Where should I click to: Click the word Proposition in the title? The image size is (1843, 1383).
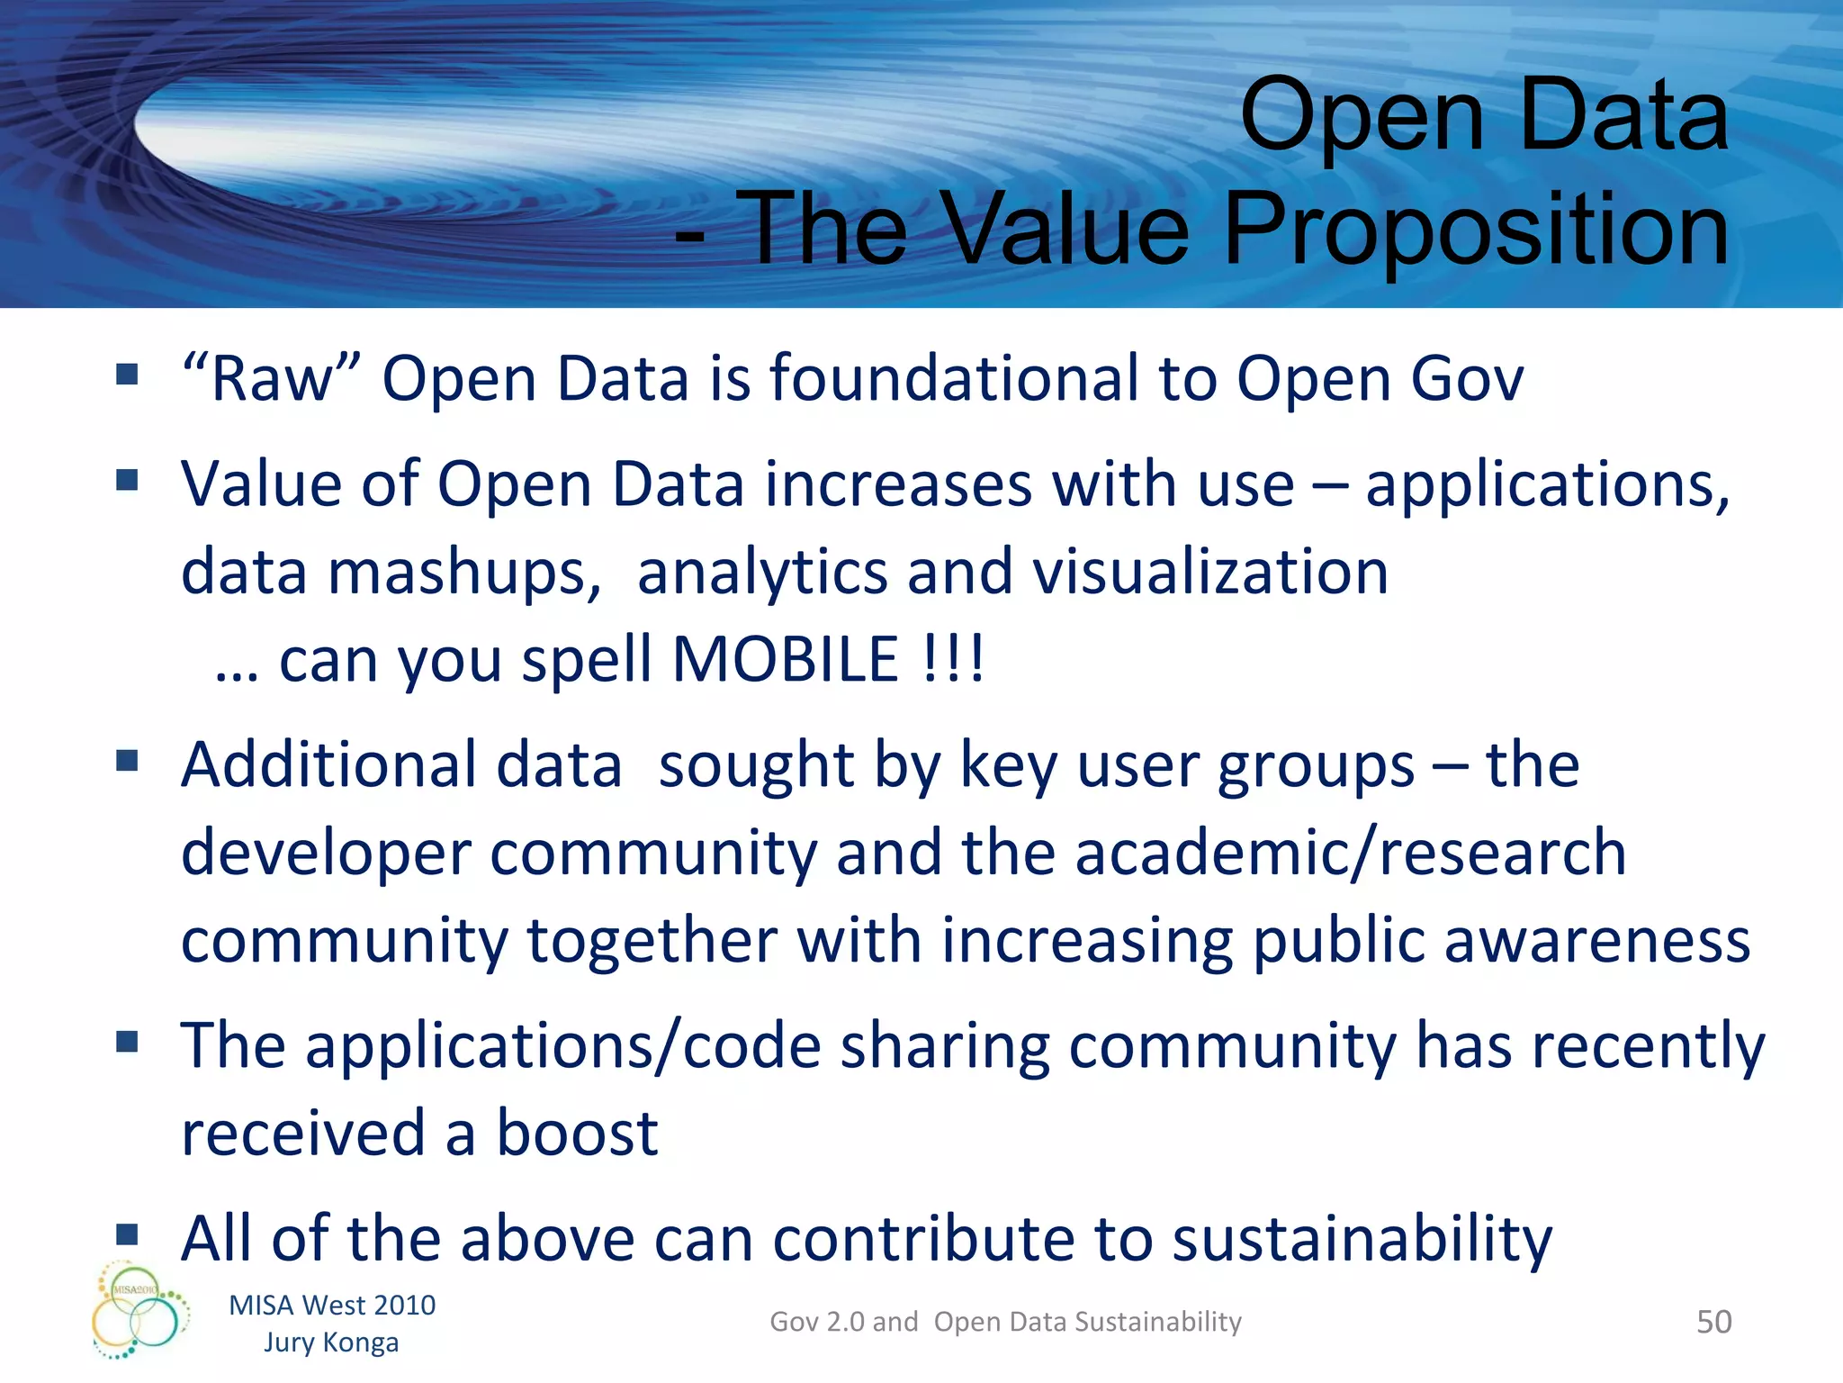pos(1476,230)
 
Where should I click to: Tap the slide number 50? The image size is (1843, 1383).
pos(1713,1322)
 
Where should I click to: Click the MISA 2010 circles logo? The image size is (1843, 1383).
pos(139,1310)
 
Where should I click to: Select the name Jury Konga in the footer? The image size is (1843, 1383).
pos(331,1342)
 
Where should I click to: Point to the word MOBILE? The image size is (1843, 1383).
pos(785,659)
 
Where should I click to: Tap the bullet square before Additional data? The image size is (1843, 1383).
pos(127,762)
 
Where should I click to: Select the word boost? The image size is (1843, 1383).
pos(578,1133)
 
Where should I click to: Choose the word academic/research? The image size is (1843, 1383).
pos(1351,852)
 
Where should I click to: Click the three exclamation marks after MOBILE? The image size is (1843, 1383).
pos(954,659)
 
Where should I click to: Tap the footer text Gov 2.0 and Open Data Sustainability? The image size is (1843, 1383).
pos(1005,1322)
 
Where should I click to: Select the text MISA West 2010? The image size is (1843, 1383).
pos(332,1305)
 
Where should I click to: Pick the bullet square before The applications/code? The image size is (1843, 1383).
pos(127,1043)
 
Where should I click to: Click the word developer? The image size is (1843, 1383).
pos(326,854)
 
